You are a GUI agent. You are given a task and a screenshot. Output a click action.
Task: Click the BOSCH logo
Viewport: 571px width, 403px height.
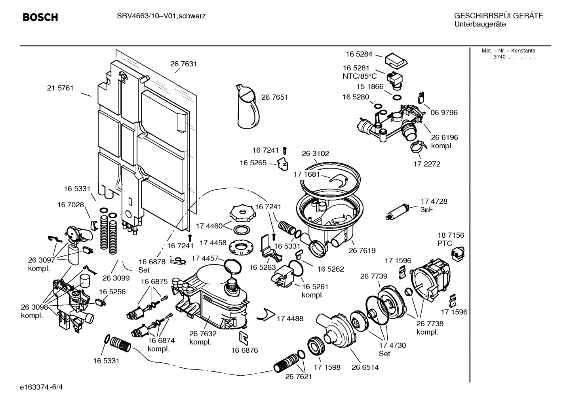point(40,17)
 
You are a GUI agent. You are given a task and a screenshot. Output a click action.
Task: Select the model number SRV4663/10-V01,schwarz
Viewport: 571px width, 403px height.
point(161,16)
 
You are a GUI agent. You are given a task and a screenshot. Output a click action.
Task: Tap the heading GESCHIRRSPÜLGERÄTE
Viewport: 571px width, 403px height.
point(498,16)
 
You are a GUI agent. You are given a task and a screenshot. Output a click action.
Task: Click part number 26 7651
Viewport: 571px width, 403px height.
point(274,97)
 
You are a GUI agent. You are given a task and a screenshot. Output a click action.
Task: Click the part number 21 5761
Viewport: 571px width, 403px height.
point(60,88)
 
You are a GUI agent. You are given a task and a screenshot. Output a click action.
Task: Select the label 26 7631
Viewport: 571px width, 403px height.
point(184,64)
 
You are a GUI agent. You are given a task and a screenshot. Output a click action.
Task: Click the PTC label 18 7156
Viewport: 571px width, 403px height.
point(451,235)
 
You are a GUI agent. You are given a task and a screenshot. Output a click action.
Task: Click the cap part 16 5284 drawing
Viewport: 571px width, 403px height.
point(396,61)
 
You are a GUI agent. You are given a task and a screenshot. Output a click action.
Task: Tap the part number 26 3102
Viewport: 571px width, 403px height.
point(315,153)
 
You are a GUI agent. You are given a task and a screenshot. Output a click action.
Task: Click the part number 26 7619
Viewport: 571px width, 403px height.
point(362,250)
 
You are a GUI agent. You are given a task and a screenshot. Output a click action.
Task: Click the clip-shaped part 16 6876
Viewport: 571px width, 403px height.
point(244,337)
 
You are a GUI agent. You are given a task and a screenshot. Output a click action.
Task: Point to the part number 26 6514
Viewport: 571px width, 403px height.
point(365,367)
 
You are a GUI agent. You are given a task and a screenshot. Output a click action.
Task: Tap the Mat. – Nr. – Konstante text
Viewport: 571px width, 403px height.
point(508,51)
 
